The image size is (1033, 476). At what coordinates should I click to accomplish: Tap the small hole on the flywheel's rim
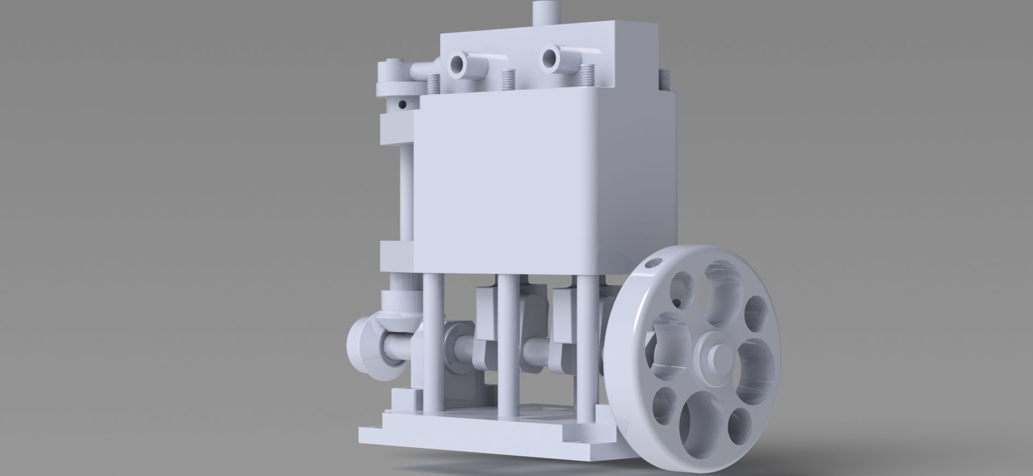(x=650, y=264)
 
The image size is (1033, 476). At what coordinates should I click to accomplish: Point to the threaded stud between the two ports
(x=510, y=78)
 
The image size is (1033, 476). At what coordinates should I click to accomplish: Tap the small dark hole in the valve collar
(x=402, y=103)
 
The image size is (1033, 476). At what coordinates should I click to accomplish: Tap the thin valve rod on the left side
(x=406, y=192)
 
